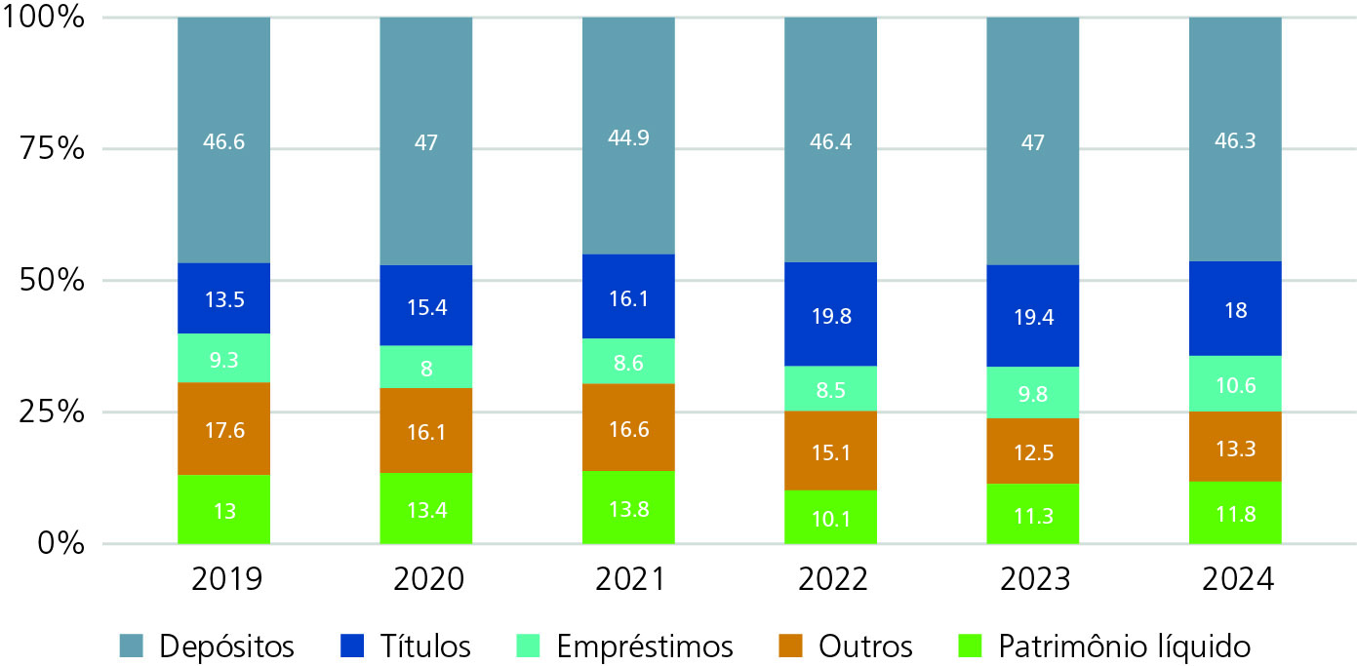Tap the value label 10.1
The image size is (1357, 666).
[x=830, y=519]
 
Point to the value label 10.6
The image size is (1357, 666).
[x=1234, y=383]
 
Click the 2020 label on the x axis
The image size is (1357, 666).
[x=426, y=579]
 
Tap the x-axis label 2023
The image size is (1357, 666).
[x=1032, y=579]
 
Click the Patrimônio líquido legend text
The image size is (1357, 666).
[x=1124, y=646]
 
